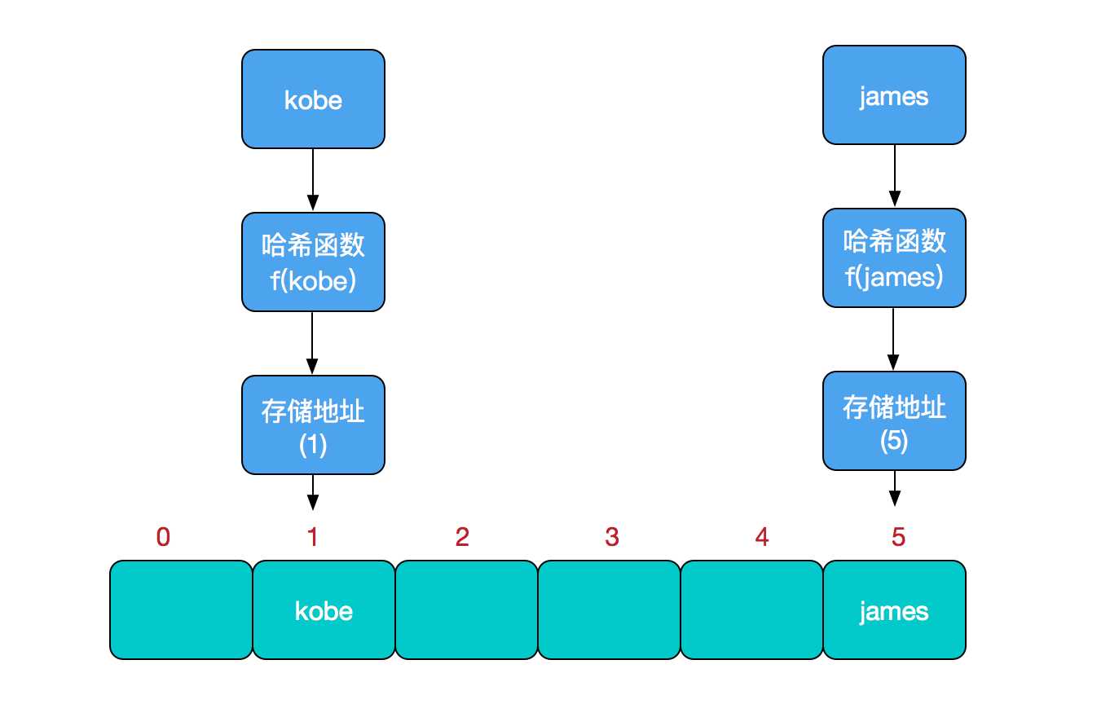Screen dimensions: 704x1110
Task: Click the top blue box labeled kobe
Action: coord(313,99)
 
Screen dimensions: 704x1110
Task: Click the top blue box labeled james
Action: coord(894,95)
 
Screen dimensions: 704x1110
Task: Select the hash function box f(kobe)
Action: coord(313,262)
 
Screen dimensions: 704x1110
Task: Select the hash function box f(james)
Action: coord(894,258)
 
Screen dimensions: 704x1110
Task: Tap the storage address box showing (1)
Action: coord(313,425)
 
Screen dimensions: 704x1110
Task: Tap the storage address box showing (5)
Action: coord(894,421)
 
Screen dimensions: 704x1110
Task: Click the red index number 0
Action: coord(163,537)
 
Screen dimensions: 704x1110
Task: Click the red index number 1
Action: coord(312,537)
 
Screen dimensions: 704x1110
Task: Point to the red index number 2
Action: coord(462,537)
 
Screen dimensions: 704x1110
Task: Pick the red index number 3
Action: coord(612,537)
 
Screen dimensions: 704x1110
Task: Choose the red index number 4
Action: coord(762,537)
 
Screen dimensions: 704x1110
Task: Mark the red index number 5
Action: coord(898,537)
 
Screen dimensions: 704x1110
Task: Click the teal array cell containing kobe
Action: coord(324,610)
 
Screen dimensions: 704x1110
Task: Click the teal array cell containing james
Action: coord(894,610)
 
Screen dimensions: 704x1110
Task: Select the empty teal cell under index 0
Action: coord(181,610)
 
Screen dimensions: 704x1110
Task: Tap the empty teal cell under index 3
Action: coord(609,610)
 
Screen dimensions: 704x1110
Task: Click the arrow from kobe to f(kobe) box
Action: coord(313,179)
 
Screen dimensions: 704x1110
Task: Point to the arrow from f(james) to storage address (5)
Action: coord(894,338)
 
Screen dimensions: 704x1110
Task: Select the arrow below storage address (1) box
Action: coord(313,492)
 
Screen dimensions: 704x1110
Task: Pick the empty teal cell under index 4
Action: coord(751,610)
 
